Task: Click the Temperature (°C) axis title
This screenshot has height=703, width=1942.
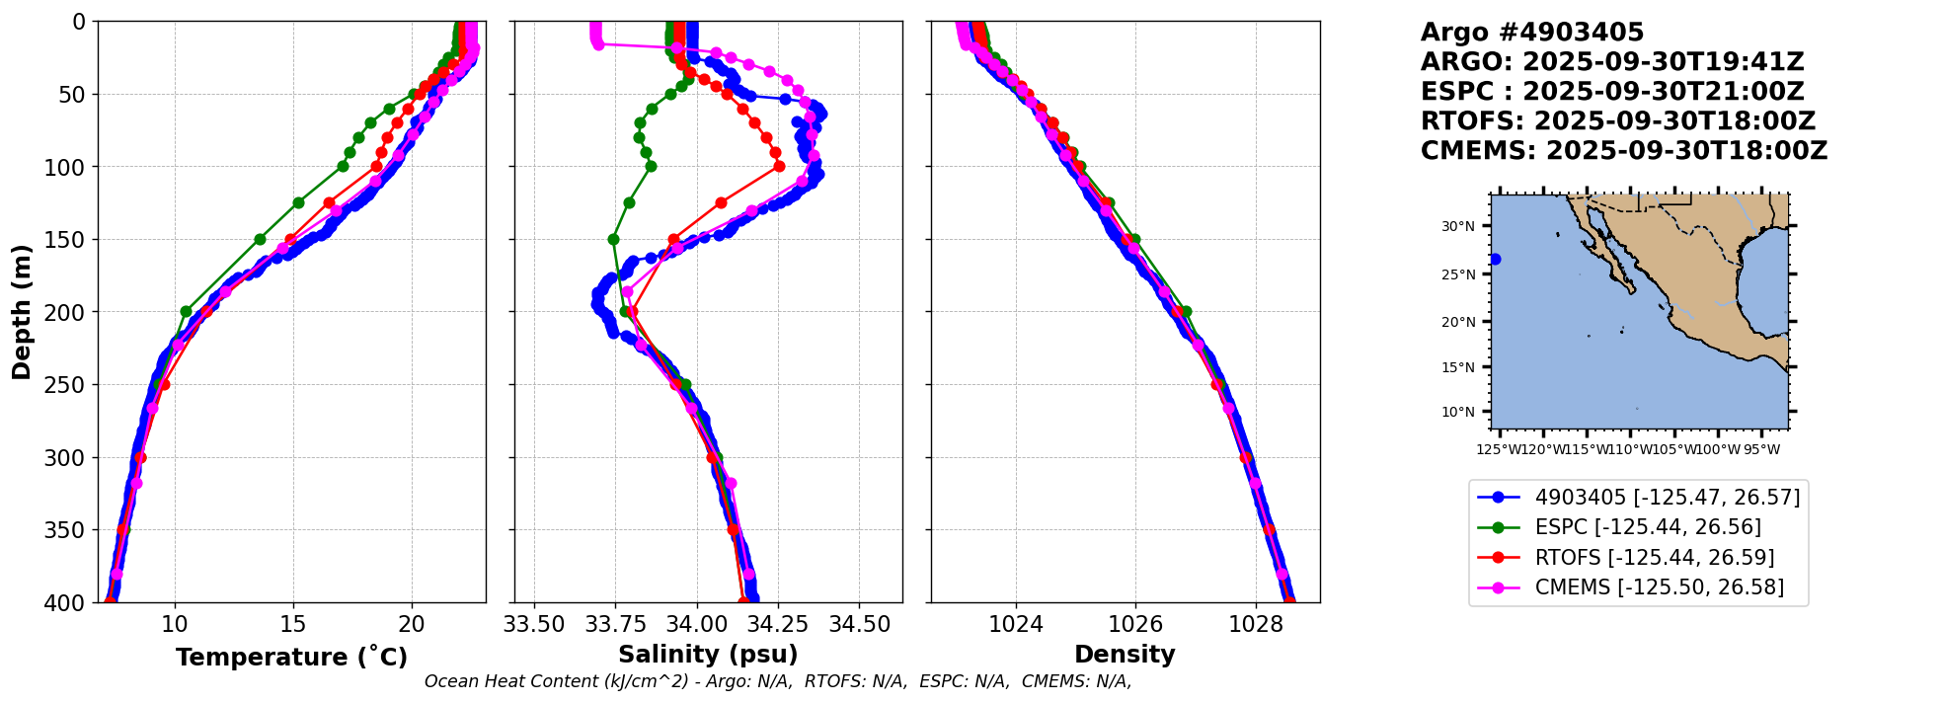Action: [x=291, y=658]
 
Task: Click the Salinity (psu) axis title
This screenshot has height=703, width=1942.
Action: [x=708, y=655]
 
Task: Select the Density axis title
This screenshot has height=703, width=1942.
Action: [x=1125, y=655]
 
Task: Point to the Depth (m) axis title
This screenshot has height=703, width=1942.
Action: [x=22, y=312]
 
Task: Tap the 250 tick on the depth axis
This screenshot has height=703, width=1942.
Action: [x=71, y=385]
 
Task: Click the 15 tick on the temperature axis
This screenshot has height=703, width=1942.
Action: [x=293, y=624]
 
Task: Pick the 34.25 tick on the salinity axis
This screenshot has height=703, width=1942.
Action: [x=777, y=624]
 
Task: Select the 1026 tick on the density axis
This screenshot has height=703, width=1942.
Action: [x=1135, y=624]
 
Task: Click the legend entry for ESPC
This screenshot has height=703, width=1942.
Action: [x=1647, y=527]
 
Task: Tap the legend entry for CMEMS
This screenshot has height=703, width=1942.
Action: [x=1659, y=587]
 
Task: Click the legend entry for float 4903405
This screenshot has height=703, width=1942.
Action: [x=1667, y=498]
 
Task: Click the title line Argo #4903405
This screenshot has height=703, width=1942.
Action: [x=1531, y=33]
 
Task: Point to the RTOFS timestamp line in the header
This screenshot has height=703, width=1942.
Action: [x=1617, y=121]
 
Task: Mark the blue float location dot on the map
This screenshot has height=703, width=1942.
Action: [x=1495, y=260]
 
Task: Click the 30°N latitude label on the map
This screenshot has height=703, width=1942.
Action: [x=1457, y=226]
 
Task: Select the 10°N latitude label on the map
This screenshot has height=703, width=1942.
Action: [x=1457, y=412]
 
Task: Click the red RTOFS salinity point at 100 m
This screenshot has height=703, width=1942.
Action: [x=779, y=166]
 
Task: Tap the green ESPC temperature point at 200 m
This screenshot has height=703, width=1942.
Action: [x=186, y=311]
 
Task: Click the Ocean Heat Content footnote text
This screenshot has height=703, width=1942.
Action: [x=778, y=681]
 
